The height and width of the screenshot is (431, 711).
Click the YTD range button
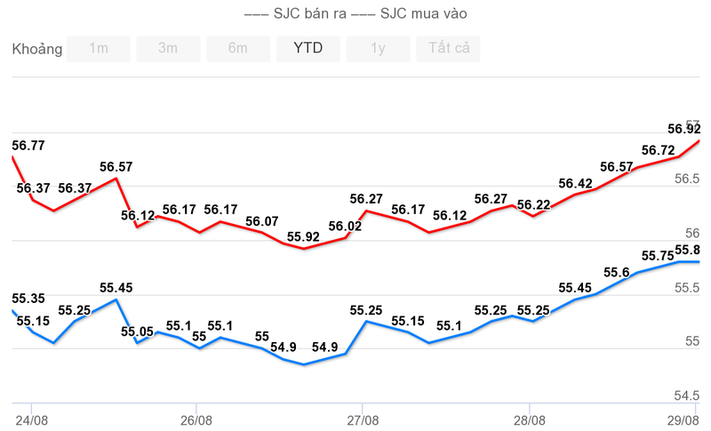308,49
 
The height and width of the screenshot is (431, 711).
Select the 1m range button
99,49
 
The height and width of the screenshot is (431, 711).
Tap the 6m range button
238,49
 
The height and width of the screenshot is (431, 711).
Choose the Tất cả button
448,49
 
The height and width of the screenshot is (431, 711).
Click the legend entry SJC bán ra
298,13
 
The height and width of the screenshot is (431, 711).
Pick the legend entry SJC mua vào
410,13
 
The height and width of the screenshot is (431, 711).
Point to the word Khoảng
37,49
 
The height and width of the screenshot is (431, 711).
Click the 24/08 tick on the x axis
31,419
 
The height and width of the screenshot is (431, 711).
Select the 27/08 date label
362,419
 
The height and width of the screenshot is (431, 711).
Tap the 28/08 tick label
529,419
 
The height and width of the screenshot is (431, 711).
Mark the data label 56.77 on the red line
28,145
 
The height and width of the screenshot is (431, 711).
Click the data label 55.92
304,236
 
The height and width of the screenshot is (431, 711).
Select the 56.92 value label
683,130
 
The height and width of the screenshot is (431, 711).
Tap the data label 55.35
28,299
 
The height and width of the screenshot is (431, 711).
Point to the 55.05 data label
137,331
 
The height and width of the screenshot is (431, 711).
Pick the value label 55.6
616,272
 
